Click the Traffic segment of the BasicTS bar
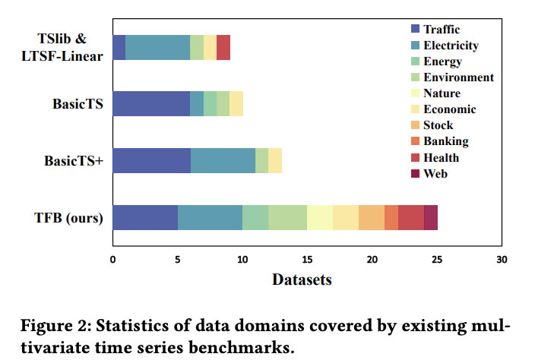tap(151, 103)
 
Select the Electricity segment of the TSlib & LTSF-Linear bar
tap(157, 47)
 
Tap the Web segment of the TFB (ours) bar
tap(430, 217)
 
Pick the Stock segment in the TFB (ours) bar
tap(371, 217)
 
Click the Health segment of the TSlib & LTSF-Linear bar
tap(223, 47)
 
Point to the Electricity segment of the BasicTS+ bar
tap(223, 160)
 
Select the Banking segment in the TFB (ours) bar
tap(391, 217)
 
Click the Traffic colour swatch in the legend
tap(415, 29)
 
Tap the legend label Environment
tap(458, 77)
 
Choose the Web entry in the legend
tap(435, 174)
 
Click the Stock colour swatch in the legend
tap(415, 125)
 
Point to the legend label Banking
tap(446, 141)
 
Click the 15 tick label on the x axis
tap(307, 259)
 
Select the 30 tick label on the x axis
tap(502, 259)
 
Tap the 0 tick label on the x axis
tap(112, 259)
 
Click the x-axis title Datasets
tap(302, 279)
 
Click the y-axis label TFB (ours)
tap(70, 218)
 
